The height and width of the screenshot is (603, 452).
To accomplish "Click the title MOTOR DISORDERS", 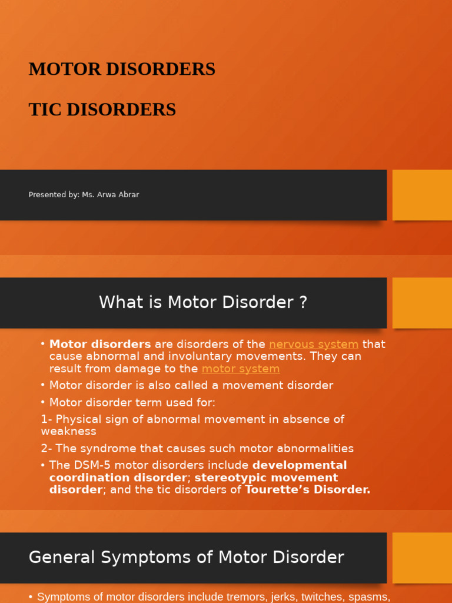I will [x=122, y=69].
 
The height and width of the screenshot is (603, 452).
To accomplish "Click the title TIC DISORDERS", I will [x=102, y=110].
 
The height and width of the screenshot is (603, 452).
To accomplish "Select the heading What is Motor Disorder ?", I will [x=203, y=303].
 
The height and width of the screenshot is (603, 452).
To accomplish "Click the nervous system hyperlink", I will [x=314, y=344].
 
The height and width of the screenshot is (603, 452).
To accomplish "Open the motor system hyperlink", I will [x=240, y=369].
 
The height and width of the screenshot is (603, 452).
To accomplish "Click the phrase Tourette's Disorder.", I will [x=307, y=490].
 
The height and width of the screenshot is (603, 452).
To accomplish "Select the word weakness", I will [x=68, y=432].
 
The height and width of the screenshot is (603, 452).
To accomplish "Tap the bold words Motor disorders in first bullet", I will [x=100, y=344].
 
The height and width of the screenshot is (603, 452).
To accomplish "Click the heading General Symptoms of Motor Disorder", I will [x=186, y=558].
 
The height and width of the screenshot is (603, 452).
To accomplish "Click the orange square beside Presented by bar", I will [x=422, y=195].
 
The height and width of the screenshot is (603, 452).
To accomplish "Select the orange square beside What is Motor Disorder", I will [x=422, y=303].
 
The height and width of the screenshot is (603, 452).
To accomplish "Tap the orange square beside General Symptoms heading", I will [x=422, y=558].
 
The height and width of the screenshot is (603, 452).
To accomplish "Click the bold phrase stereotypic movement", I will [x=266, y=478].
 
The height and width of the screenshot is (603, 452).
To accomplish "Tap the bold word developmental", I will [x=300, y=466].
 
